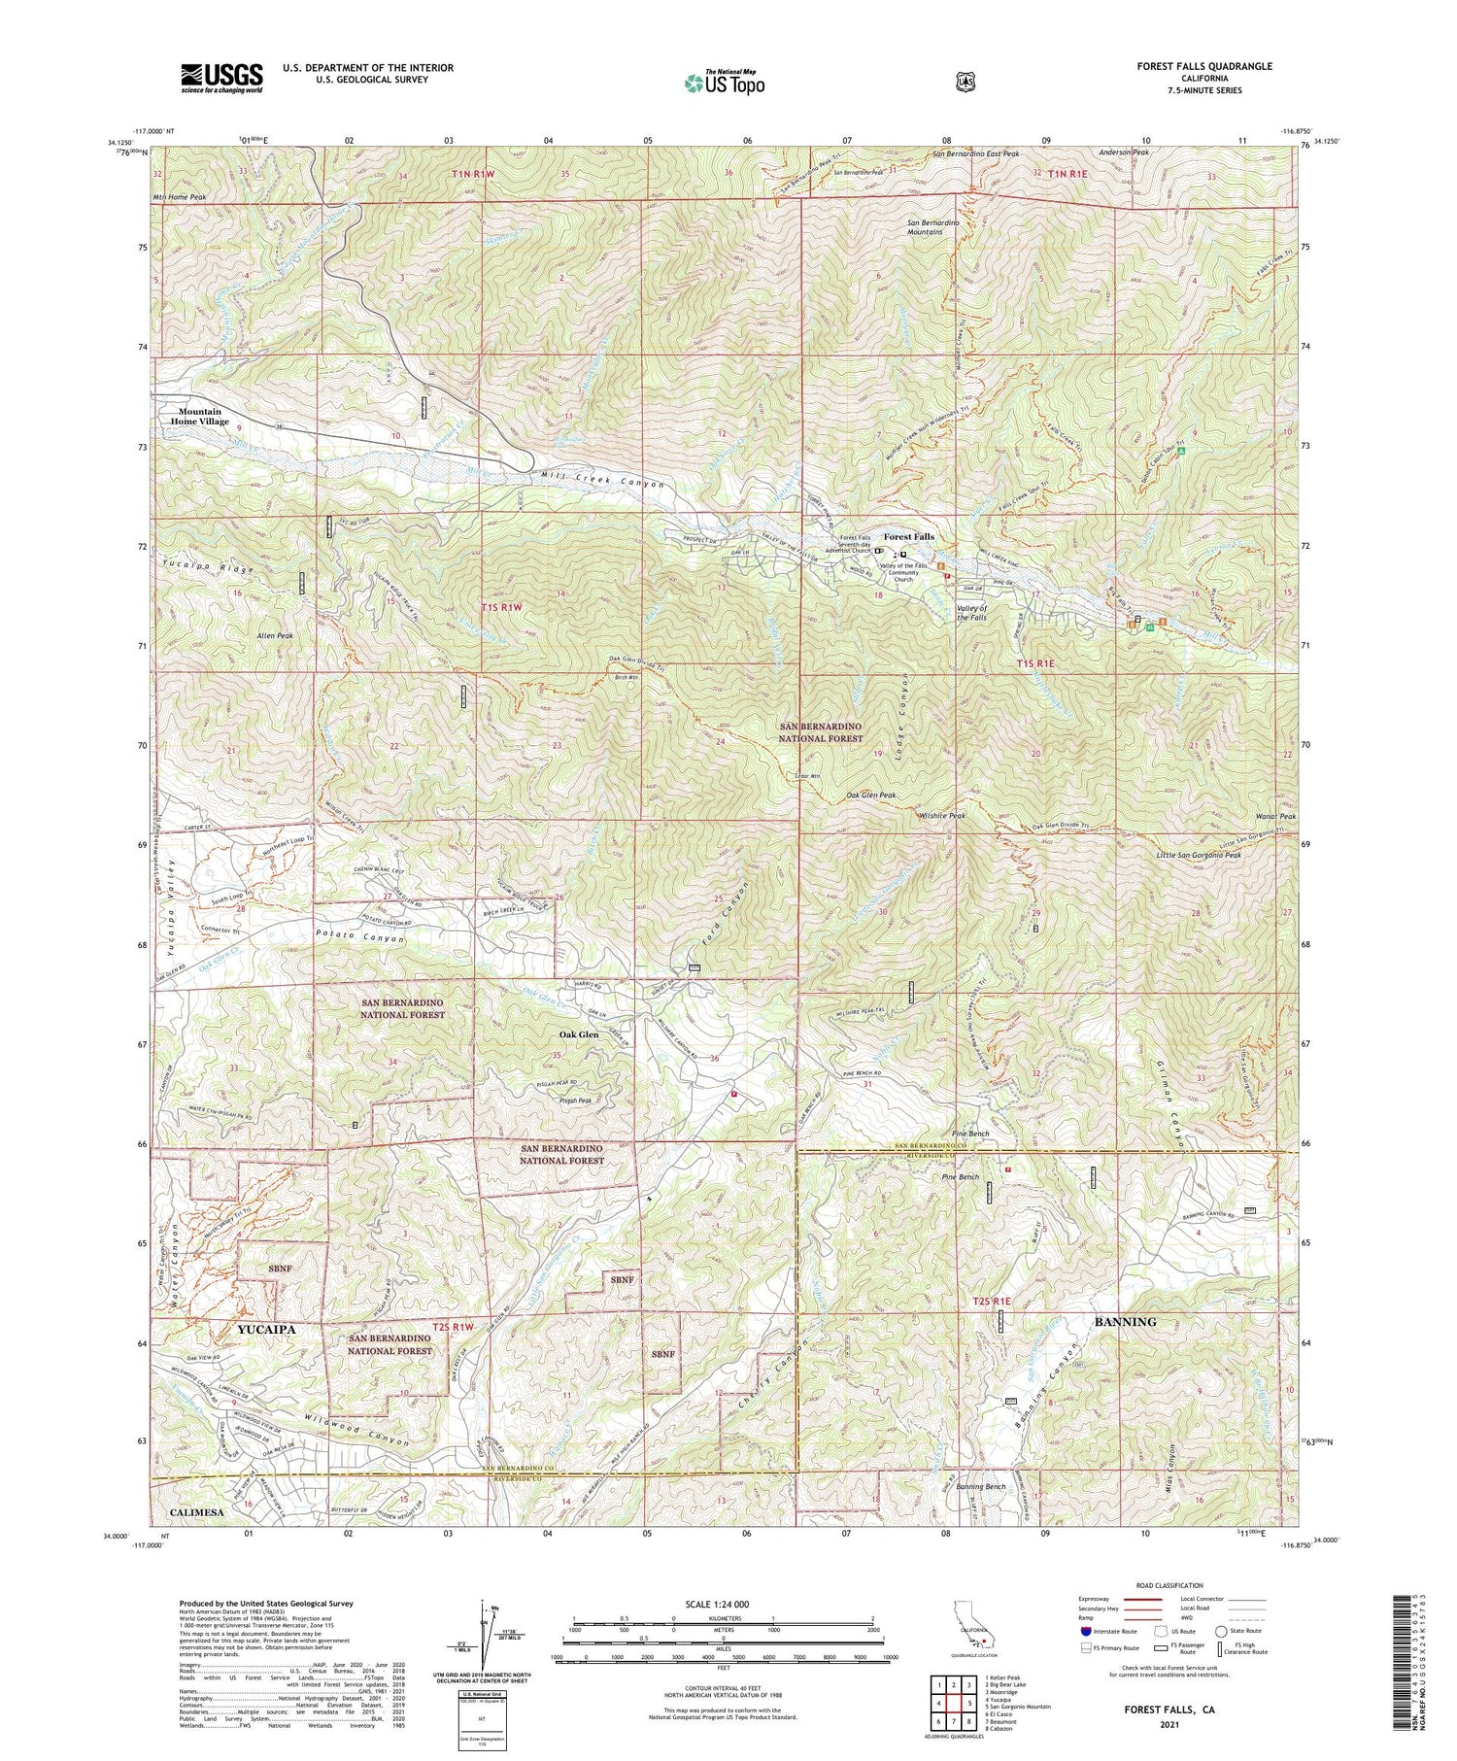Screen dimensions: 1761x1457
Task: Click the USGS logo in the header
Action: coord(221,78)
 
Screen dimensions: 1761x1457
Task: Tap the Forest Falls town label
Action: coord(908,536)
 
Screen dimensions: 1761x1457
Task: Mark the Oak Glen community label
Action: coord(576,1034)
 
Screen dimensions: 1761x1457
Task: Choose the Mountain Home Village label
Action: coord(200,416)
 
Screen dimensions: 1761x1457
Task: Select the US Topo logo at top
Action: coord(724,83)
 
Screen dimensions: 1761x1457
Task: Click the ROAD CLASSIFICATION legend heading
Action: coord(1165,1585)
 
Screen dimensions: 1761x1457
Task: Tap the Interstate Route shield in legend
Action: coord(1085,1631)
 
